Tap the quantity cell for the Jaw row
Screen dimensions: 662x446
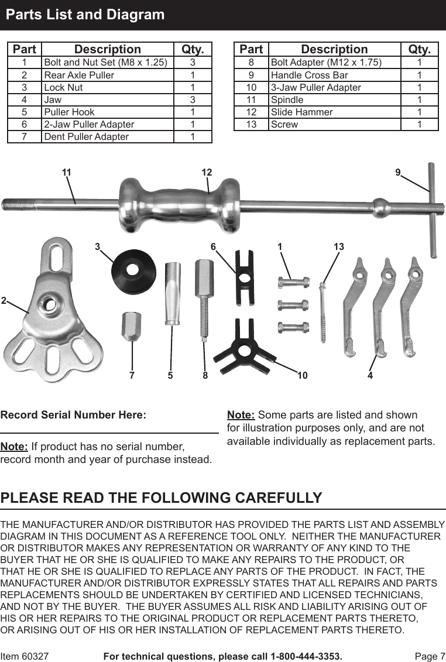click(193, 100)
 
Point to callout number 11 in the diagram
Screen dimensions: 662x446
click(66, 172)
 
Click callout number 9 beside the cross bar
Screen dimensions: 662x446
click(397, 172)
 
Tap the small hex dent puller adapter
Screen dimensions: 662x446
click(131, 327)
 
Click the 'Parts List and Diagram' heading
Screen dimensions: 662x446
click(85, 15)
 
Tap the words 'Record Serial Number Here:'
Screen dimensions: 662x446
click(74, 415)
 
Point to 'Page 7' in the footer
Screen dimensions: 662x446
click(430, 656)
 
